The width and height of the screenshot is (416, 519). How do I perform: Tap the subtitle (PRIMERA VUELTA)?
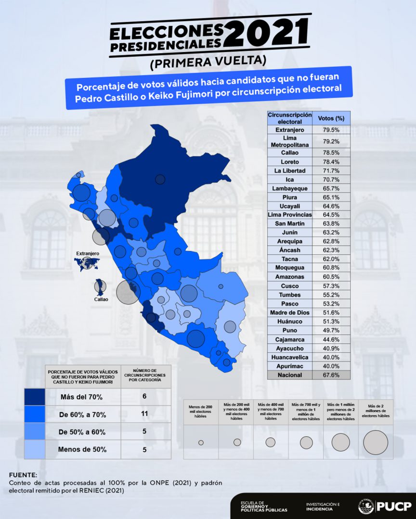pos(208,62)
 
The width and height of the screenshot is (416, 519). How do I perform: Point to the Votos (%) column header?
pos(331,118)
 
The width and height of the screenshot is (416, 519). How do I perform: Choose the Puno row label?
pos(289,330)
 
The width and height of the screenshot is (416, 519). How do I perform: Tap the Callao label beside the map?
pos(101,299)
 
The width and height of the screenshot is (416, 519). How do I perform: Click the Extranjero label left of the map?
pos(88,253)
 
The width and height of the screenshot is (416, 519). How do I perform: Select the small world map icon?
pos(87,263)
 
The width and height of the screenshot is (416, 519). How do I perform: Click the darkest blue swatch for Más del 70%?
pos(35,397)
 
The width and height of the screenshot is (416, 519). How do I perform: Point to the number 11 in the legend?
pos(144,414)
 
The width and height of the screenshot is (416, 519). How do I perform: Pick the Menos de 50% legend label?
pos(83,450)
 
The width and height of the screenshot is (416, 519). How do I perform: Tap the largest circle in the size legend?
pos(376,442)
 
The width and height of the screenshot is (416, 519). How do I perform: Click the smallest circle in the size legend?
pos(201,443)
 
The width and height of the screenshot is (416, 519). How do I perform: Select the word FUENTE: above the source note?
pos(23,475)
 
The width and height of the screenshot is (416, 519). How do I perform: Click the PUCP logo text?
pos(394,506)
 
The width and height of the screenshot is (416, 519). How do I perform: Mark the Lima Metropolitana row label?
pos(289,140)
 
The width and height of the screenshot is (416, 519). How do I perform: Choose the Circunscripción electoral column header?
pos(289,118)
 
